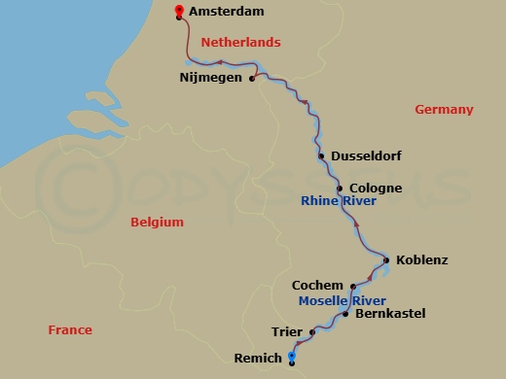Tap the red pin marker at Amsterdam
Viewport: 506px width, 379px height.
[x=178, y=12]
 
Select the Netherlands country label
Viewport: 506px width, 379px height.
[x=240, y=43]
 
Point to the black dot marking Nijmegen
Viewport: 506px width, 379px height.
[x=252, y=80]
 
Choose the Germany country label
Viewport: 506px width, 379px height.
[x=444, y=110]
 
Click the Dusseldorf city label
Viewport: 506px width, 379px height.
[x=367, y=155]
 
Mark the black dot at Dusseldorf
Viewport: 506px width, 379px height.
[x=321, y=155]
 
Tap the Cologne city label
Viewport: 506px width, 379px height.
[x=376, y=188]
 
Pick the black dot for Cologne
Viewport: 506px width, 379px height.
[x=340, y=188]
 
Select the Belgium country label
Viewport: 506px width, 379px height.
[x=157, y=223]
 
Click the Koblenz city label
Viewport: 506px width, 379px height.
[x=422, y=260]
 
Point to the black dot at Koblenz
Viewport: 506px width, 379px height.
[x=386, y=260]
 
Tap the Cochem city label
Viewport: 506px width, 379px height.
[x=317, y=286]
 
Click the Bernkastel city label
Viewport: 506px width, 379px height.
[x=390, y=314]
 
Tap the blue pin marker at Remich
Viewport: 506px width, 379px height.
[x=291, y=358]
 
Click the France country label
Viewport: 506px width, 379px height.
[x=70, y=330]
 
